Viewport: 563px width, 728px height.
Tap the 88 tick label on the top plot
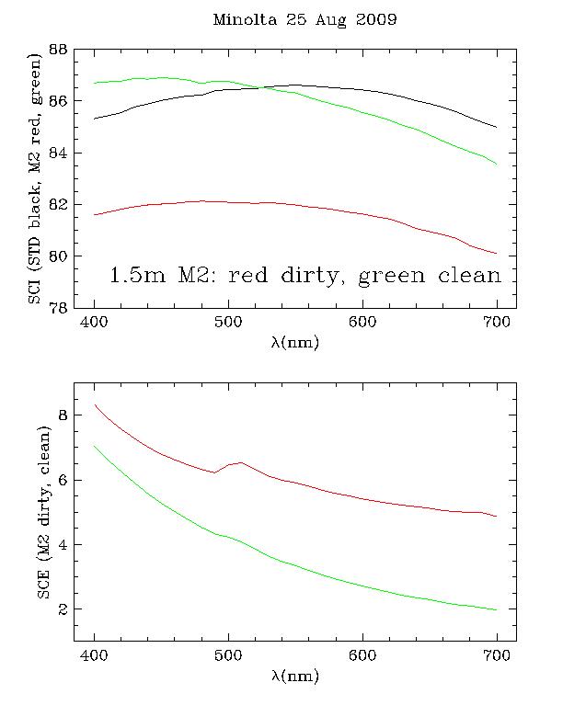(x=60, y=50)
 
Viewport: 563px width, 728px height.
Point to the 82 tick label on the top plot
(x=60, y=204)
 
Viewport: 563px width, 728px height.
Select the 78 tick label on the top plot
(x=60, y=307)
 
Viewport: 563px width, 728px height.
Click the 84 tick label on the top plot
(x=60, y=153)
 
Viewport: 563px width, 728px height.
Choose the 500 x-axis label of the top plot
(x=227, y=322)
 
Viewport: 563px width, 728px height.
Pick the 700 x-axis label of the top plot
(x=496, y=322)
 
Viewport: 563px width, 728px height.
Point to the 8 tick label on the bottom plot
(x=64, y=415)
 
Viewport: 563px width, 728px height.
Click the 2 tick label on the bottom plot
(x=64, y=609)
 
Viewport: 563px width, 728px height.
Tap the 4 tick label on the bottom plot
(x=64, y=544)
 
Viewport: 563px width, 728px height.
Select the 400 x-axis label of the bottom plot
(x=95, y=655)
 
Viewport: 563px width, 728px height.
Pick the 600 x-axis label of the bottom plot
(x=362, y=655)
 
